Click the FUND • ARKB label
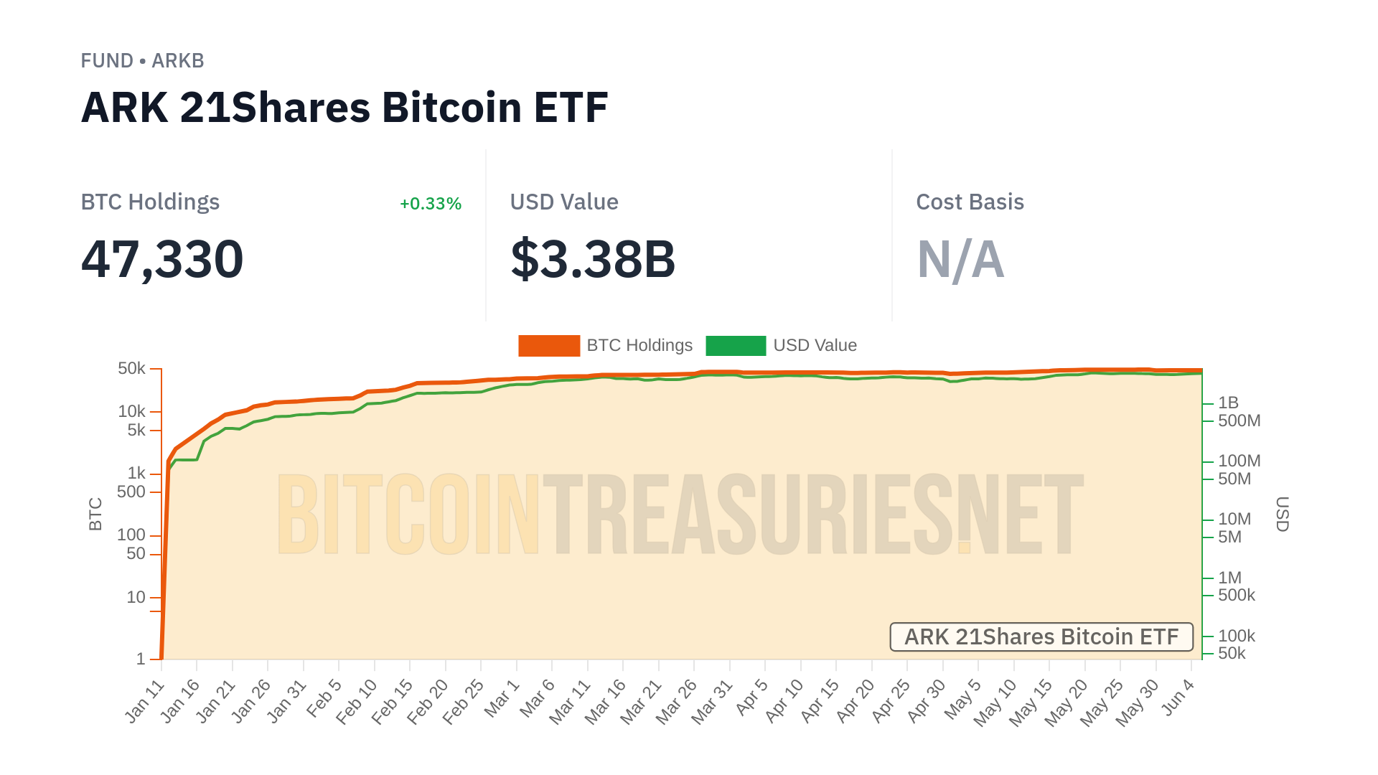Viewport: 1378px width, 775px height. [142, 61]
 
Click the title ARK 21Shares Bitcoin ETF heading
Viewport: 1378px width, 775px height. [344, 108]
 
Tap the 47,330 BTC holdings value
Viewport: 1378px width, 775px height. [162, 259]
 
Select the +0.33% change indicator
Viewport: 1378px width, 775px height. [430, 204]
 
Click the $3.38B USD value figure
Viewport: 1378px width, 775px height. [593, 259]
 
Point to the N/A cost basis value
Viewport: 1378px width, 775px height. [960, 259]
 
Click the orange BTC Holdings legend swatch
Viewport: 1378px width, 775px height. [548, 346]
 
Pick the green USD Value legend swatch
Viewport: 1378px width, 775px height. [736, 346]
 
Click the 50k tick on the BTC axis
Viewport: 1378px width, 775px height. [131, 369]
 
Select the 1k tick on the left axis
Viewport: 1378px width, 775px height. [136, 474]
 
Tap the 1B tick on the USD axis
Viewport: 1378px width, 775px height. [1228, 403]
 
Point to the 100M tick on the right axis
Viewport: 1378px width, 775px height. [1239, 461]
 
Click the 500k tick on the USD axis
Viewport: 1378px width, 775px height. [1236, 595]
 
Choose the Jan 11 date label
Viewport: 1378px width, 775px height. [146, 701]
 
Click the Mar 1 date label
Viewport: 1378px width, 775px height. [502, 697]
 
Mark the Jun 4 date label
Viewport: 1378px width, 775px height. [1178, 697]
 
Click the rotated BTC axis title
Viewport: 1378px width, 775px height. [95, 514]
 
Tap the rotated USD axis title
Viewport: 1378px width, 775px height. [1282, 514]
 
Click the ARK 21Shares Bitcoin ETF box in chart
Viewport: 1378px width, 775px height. [1041, 637]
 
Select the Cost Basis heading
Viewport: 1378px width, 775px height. [970, 202]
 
